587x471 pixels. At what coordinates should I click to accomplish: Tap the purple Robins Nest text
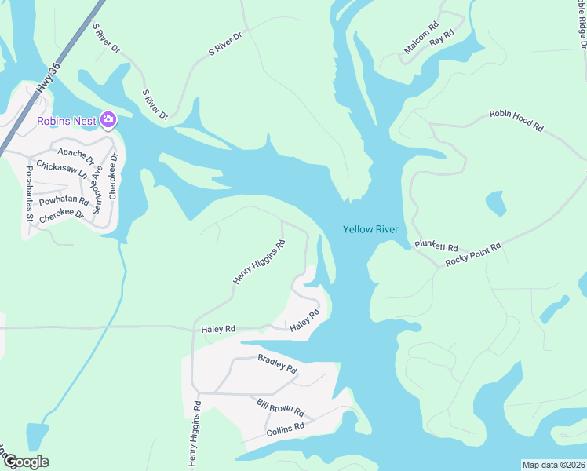tap(66, 120)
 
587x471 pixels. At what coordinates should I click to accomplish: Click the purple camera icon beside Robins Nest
tap(108, 120)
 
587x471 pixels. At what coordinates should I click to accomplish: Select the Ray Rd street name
tap(443, 36)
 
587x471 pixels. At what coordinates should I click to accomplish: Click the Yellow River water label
tap(370, 229)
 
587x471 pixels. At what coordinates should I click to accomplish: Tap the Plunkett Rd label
tap(436, 245)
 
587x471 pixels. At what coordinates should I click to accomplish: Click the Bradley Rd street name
tap(277, 363)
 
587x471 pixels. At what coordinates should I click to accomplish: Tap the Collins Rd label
tap(285, 429)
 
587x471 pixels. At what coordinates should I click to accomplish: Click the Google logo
tap(26, 462)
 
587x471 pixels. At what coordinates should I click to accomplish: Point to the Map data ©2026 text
tap(552, 465)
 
